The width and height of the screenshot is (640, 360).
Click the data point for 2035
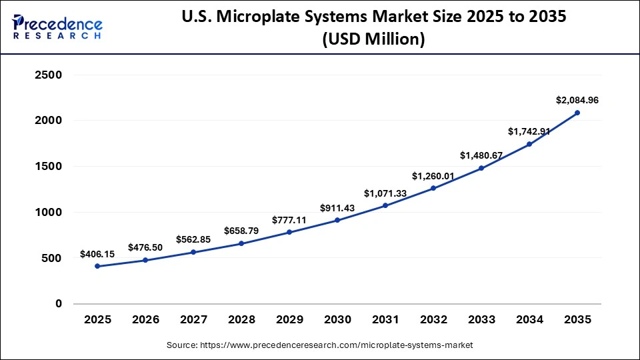(577, 113)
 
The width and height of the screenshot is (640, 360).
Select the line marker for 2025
(97, 266)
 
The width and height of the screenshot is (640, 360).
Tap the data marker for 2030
(337, 220)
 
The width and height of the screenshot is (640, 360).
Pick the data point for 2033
(481, 168)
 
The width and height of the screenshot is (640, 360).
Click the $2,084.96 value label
(577, 100)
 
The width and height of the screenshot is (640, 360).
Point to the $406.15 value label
(97, 254)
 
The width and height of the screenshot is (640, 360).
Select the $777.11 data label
(289, 220)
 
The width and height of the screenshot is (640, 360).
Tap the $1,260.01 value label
(433, 176)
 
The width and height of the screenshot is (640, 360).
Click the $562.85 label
(193, 239)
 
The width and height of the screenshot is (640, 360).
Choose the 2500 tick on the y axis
(48, 75)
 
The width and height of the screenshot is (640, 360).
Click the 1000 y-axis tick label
(48, 212)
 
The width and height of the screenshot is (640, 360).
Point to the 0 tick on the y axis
(59, 304)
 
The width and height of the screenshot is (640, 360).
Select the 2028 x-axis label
(241, 320)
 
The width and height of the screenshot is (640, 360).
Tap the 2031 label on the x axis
(385, 320)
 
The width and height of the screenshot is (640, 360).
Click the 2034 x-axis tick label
(529, 320)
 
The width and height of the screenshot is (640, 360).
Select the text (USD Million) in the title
(373, 39)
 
